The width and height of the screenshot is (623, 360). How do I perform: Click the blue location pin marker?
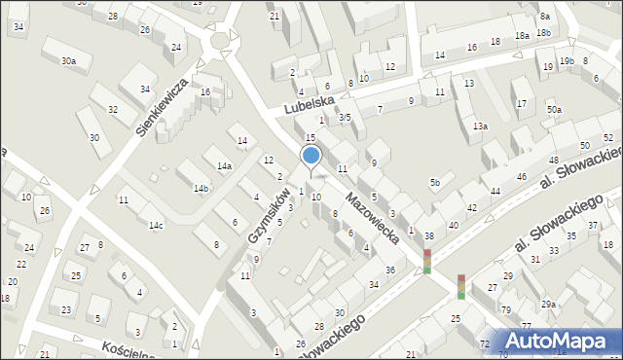coord(311,156)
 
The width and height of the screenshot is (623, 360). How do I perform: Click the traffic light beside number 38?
coord(426,261)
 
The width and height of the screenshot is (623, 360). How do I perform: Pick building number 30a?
coord(68,61)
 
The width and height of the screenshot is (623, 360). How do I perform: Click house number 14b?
coord(201,188)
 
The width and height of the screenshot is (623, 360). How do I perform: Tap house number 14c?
coord(156,226)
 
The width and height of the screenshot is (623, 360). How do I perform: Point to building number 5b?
coord(436,183)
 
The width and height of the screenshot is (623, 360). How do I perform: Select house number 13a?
coord(480,126)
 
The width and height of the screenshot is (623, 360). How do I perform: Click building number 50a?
coord(554,110)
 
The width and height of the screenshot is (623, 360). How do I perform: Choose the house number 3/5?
coord(345,118)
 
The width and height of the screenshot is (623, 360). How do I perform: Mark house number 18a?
coord(522,35)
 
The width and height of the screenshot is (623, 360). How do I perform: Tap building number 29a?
coord(549,305)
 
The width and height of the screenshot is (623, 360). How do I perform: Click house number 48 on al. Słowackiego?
coord(553,160)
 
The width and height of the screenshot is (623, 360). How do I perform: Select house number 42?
coord(472,208)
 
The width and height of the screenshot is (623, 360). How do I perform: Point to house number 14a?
coord(225,166)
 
